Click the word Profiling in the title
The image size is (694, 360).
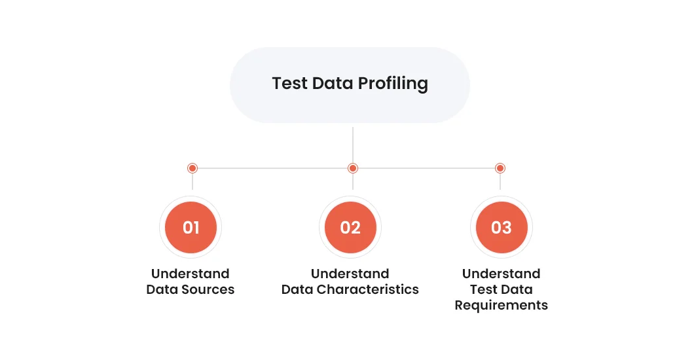point(393,84)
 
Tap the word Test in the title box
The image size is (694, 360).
point(289,83)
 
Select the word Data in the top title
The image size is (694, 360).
point(333,83)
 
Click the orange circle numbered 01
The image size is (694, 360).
point(191,227)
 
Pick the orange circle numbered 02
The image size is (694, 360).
point(350,227)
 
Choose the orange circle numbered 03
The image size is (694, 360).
point(502,227)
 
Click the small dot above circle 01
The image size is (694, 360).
point(192,168)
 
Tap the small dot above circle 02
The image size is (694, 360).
point(353,168)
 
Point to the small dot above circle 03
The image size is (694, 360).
point(500,168)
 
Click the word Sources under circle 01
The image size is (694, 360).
point(208,289)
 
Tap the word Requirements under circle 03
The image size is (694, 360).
point(502,305)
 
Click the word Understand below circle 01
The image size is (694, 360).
point(191,274)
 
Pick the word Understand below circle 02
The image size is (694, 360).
point(350,274)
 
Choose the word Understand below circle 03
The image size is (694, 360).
point(502,274)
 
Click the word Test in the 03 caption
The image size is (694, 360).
point(483,289)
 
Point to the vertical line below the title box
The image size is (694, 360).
point(353,145)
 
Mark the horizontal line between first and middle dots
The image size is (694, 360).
point(272,168)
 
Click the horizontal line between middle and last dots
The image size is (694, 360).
point(426,168)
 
